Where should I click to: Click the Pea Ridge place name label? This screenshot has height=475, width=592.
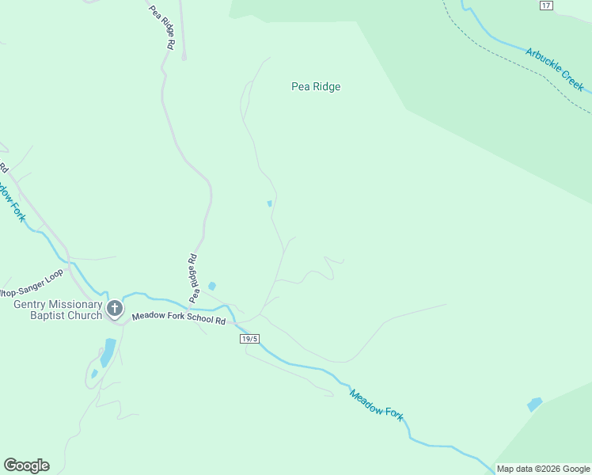coord(316,87)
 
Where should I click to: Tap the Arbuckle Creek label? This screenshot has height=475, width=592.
coord(554,69)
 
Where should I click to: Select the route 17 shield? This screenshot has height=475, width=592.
coord(546,6)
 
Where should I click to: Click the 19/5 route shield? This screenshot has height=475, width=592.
coord(249,338)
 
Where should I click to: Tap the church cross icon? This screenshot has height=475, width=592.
coord(115,308)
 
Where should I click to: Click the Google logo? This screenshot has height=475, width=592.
coord(26,465)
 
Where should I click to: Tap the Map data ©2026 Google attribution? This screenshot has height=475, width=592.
coord(542,469)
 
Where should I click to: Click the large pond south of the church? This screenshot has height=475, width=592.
coord(108,352)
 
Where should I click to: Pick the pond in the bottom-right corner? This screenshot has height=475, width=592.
coord(535,405)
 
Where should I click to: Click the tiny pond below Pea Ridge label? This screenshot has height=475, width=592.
coord(270,203)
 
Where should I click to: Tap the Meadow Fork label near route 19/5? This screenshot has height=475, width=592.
coord(377,403)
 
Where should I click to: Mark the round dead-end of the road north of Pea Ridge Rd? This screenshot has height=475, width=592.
coord(184,57)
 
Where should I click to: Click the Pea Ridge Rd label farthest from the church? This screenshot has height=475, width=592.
coord(161,28)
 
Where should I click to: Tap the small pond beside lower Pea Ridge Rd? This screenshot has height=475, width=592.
coord(211,286)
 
